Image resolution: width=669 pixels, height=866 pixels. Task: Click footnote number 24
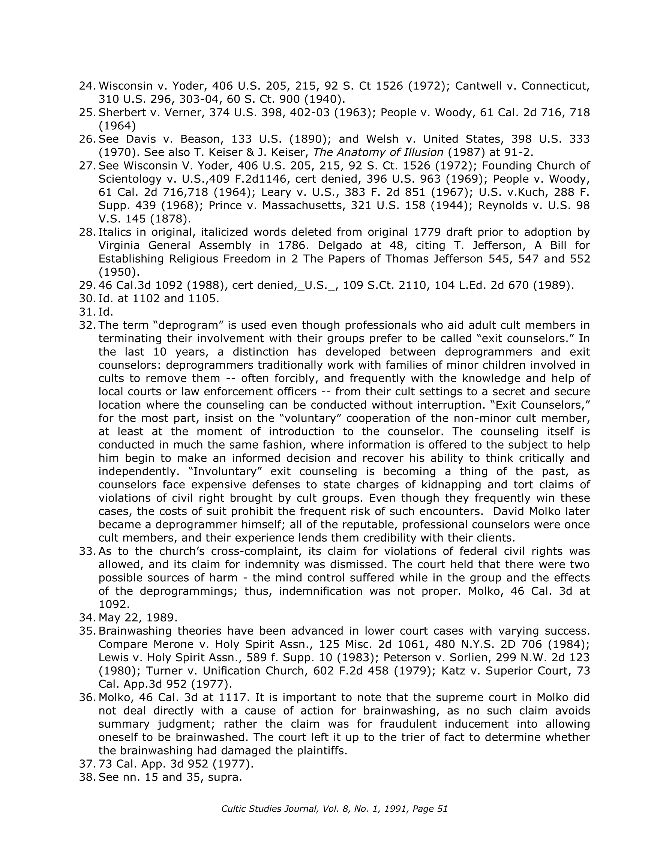pos(87,86)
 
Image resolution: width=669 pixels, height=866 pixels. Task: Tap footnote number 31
pos(87,312)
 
